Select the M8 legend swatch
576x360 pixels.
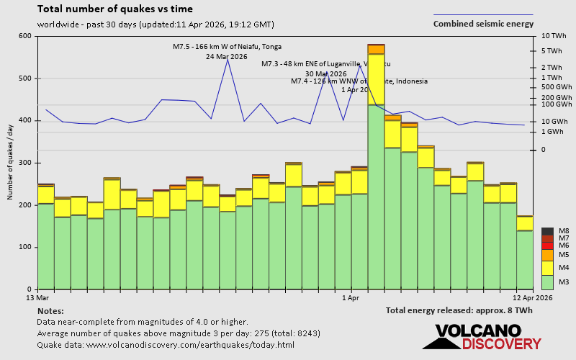tap(547, 231)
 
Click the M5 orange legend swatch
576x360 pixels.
tap(547, 255)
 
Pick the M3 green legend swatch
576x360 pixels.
tap(547, 282)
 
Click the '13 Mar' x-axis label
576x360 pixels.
tap(37, 297)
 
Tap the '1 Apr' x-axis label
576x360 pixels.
tap(351, 297)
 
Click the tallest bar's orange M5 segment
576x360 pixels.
tap(376, 50)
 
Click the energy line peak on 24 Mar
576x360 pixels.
tap(228, 59)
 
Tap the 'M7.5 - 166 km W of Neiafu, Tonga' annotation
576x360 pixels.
tap(227, 47)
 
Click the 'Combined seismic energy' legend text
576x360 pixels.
tap(483, 24)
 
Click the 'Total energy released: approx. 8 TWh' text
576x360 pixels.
tap(459, 310)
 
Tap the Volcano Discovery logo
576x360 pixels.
tap(482, 337)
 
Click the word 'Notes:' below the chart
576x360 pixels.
tap(50, 310)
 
